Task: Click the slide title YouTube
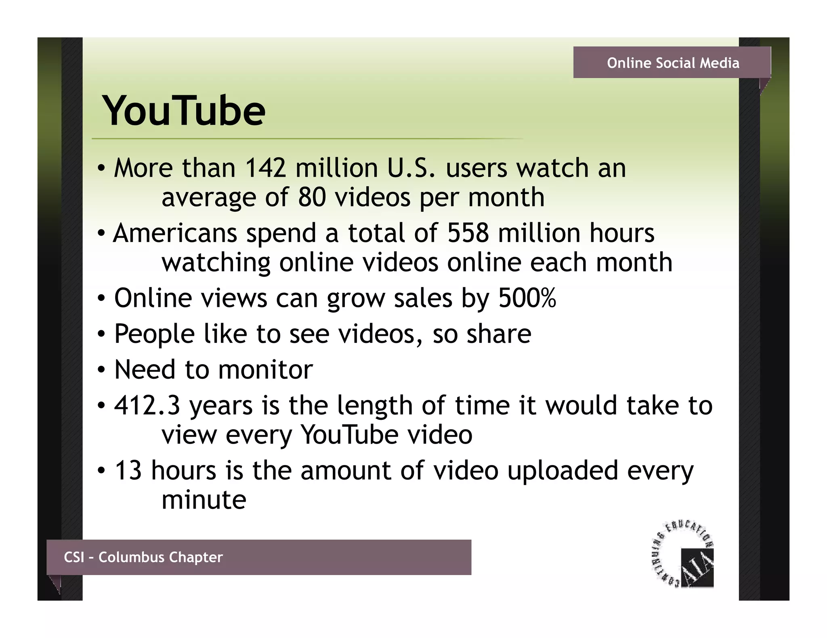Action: [x=184, y=111]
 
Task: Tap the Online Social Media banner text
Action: [x=673, y=63]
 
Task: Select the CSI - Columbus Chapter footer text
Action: [x=143, y=557]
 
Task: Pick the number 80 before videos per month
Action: [x=312, y=197]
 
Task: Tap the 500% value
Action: [x=527, y=298]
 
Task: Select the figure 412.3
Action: [x=147, y=405]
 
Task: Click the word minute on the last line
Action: [x=204, y=500]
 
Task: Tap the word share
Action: [x=499, y=334]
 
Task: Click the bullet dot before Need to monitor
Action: [x=101, y=369]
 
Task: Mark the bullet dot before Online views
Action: [x=101, y=298]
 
